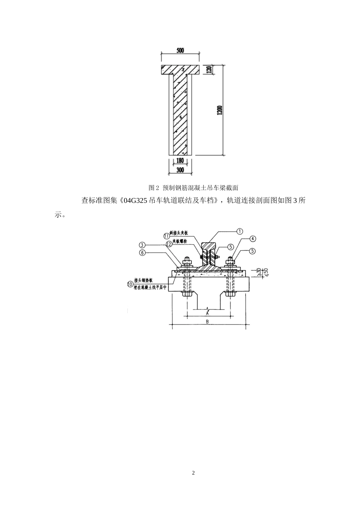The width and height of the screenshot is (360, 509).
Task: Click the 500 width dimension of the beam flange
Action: (x=180, y=50)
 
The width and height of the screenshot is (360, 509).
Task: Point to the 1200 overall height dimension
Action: (x=220, y=110)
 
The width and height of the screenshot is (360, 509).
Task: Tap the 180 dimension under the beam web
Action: (x=180, y=161)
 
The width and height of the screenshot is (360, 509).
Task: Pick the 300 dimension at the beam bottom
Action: (x=180, y=170)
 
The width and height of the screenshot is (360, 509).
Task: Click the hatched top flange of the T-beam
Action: (x=180, y=70)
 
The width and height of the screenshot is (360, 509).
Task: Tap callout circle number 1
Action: (x=239, y=231)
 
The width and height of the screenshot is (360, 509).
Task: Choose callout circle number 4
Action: (x=253, y=239)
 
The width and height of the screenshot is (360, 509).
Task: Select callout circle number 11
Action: (x=166, y=236)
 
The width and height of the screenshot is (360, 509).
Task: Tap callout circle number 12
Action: (x=169, y=245)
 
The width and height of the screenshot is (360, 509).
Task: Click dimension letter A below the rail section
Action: (x=207, y=314)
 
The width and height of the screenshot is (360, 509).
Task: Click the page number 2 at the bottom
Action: (x=193, y=473)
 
